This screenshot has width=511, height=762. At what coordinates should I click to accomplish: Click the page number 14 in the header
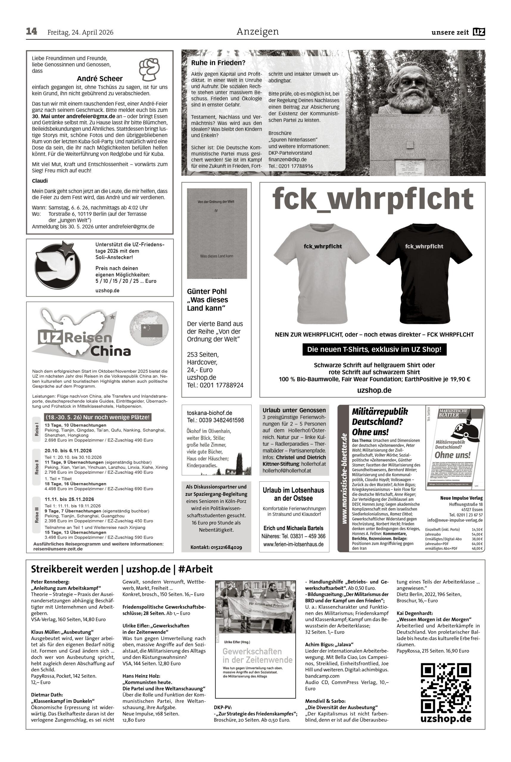[x=32, y=32]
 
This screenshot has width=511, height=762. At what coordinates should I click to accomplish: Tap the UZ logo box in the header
[x=479, y=32]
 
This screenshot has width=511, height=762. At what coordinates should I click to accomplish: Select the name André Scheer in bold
[x=100, y=79]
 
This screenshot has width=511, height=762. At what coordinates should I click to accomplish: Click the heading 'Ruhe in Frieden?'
[x=218, y=63]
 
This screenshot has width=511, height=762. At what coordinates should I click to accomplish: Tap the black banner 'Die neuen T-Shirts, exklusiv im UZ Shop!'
[x=374, y=349]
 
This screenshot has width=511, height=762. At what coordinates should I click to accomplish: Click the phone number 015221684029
[x=216, y=547]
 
